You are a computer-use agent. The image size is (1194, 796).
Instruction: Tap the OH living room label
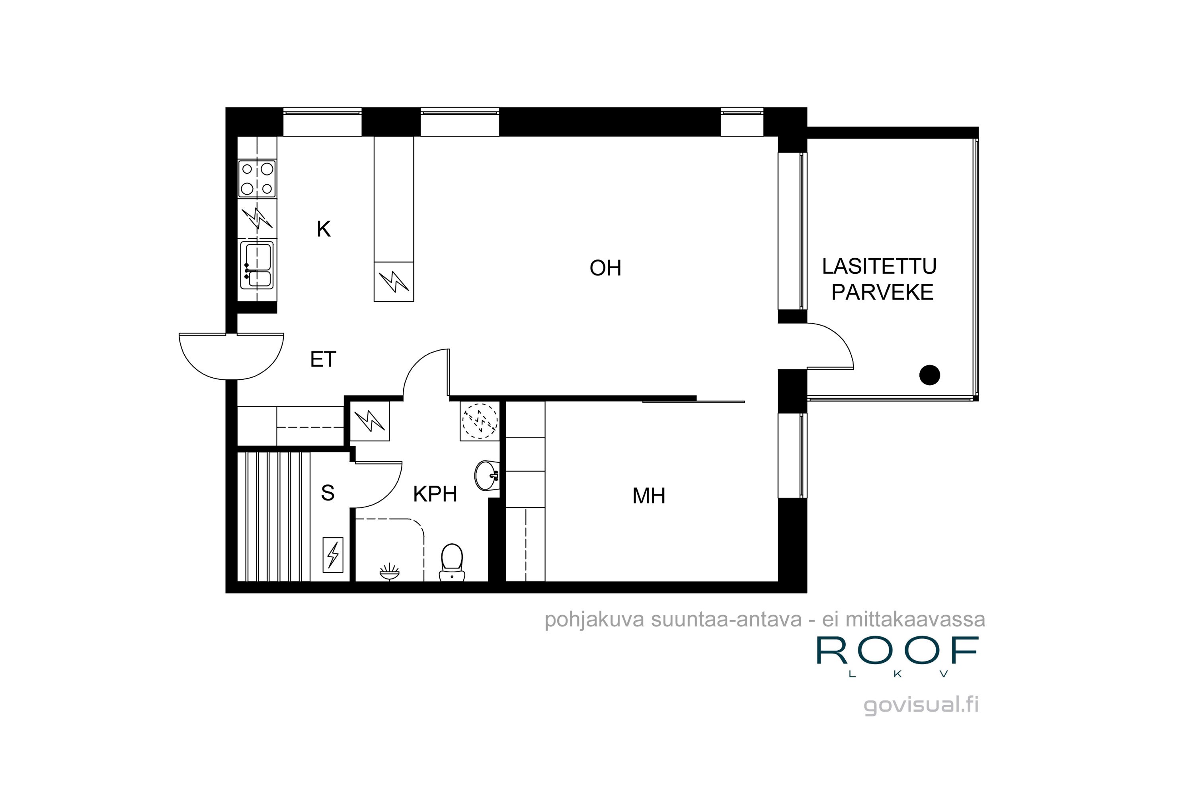coord(605,268)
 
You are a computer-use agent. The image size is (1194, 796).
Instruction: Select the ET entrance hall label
coord(323,359)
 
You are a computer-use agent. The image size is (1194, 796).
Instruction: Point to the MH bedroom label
coord(649,496)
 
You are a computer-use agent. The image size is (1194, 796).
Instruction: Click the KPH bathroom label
coord(435,494)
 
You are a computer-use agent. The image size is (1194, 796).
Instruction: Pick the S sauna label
coord(328,492)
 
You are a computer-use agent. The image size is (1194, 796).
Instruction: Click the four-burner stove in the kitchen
coord(257,179)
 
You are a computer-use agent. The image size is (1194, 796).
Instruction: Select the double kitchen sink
coord(257,265)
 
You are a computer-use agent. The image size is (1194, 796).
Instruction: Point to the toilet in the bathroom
coord(452,562)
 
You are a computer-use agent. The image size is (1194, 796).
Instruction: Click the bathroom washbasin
coord(487,476)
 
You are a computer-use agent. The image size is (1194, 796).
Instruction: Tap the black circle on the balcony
coord(929,375)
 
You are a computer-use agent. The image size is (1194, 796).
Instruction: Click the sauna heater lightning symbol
coord(333,555)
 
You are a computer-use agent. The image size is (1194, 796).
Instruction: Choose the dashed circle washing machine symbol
coord(480,421)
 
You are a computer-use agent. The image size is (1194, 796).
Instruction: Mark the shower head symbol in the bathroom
coord(389,573)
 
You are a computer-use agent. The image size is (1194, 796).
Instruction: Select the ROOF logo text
coord(897,650)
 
